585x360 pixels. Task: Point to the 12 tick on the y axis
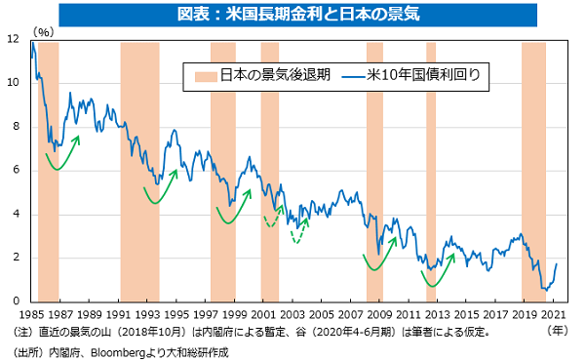(11, 40)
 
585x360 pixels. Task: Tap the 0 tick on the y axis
(15, 300)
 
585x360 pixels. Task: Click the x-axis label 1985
(31, 316)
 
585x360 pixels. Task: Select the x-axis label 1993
(147, 316)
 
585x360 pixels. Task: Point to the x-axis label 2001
(263, 316)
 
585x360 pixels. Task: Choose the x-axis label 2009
(379, 316)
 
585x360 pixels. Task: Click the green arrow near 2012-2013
(433, 277)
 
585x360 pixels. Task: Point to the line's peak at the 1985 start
(33, 43)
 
